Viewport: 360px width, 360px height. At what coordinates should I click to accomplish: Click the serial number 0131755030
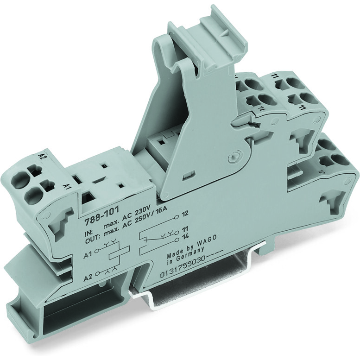click(180, 270)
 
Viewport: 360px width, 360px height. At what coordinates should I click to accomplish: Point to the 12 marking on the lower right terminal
click(321, 172)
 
